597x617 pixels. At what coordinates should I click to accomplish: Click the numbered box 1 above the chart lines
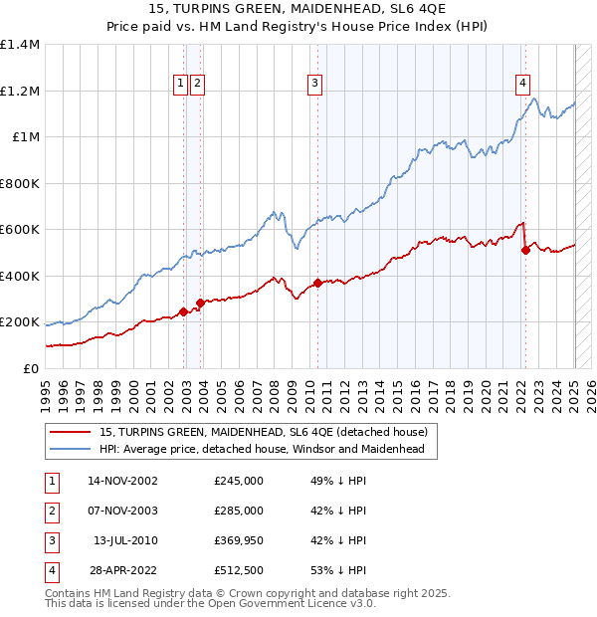(x=181, y=85)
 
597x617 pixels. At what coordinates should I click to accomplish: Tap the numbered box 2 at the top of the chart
(x=198, y=85)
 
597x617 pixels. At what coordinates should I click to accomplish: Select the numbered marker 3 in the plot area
(x=314, y=85)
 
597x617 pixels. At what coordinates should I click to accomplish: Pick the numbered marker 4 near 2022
(x=522, y=85)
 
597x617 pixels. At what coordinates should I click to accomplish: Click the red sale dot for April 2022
(x=525, y=250)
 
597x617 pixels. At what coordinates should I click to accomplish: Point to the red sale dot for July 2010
(x=317, y=283)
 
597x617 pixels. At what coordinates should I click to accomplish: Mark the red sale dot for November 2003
(x=200, y=303)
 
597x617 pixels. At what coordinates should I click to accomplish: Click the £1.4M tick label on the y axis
(x=20, y=45)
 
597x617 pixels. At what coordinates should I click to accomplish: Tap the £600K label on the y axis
(x=20, y=230)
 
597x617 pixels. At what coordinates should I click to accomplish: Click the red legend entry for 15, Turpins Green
(x=264, y=432)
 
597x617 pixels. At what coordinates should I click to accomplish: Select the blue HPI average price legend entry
(x=262, y=449)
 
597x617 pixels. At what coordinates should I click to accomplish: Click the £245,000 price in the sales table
(x=239, y=481)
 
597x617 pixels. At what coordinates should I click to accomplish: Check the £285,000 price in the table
(x=239, y=511)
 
